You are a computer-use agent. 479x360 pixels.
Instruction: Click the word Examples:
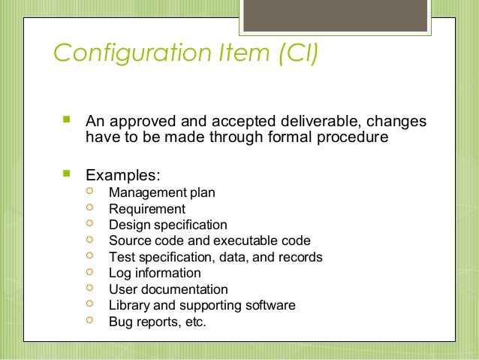pos(123,175)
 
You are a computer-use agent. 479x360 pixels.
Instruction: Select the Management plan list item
pos(161,192)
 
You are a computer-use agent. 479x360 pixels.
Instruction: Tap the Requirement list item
pos(146,209)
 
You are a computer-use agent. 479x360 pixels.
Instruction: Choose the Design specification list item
pos(167,225)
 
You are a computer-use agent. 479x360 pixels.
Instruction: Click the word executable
pos(249,241)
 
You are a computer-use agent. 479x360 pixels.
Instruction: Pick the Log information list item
pos(155,273)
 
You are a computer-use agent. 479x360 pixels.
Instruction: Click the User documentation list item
pos(168,289)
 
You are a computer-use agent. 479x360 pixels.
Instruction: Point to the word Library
pos(128,305)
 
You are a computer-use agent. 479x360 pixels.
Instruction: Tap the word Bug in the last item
pos(120,322)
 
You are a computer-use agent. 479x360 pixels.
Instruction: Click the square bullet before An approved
pos(63,119)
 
